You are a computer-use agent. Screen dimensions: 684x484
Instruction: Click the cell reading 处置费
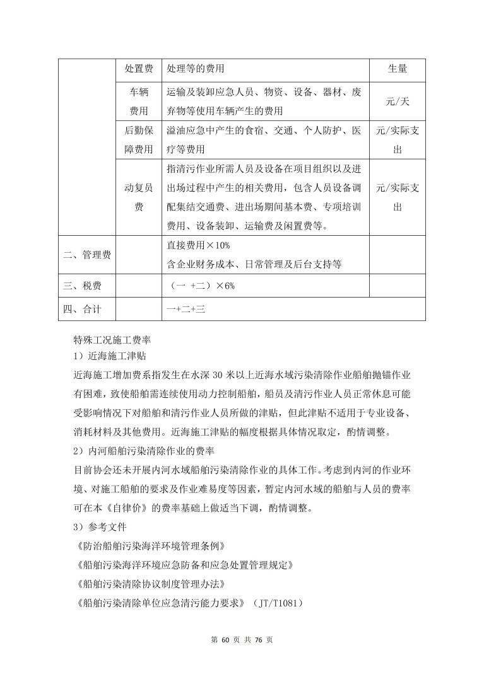click(138, 68)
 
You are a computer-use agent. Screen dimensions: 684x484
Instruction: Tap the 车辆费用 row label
click(138, 101)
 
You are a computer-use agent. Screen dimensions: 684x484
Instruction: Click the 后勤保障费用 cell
click(138, 140)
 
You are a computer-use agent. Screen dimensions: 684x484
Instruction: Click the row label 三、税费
click(82, 286)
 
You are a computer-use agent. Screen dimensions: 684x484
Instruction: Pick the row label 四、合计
click(82, 310)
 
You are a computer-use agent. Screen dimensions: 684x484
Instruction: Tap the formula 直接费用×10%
click(198, 245)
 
